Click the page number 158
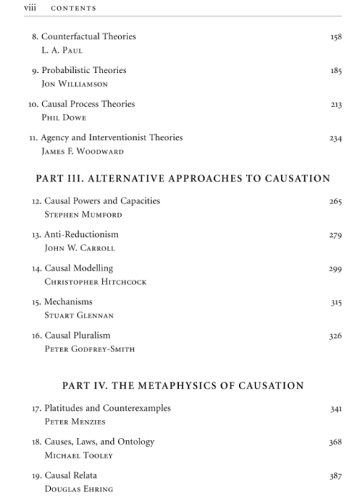(x=336, y=37)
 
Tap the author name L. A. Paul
(x=62, y=50)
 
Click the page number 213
(x=336, y=104)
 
